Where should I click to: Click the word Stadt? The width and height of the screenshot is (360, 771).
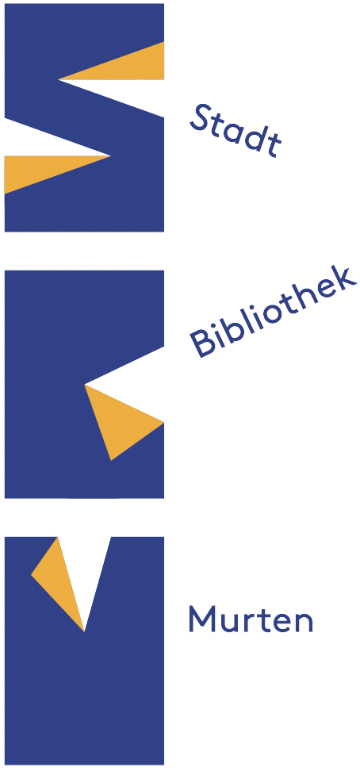coord(235,130)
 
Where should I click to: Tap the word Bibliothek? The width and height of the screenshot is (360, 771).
coord(273,313)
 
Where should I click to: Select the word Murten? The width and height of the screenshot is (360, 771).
coord(251,619)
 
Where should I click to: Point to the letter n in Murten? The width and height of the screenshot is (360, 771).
coord(304,623)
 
